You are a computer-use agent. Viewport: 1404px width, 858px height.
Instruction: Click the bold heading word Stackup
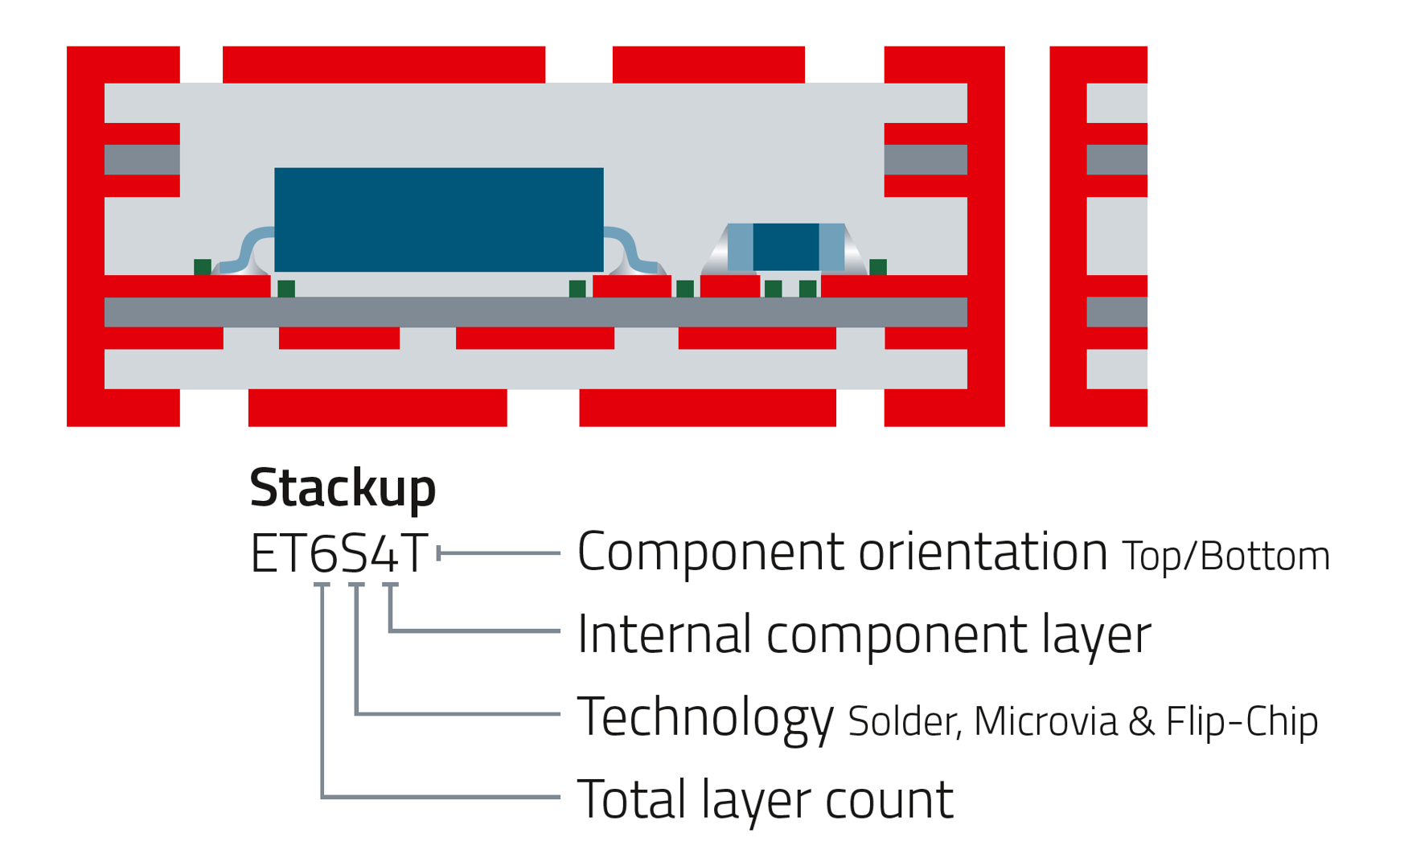point(342,487)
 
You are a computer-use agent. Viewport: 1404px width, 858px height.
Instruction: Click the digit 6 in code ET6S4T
point(323,554)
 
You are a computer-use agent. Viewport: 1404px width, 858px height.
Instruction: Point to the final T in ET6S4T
point(414,554)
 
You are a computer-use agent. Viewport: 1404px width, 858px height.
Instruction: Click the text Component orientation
point(842,552)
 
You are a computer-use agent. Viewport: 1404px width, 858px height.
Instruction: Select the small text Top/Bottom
point(1225,556)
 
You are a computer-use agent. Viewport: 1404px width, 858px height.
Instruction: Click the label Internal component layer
point(864,634)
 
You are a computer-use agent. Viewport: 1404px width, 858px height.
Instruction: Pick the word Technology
point(705,717)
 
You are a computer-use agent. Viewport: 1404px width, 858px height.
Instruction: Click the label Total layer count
point(765,799)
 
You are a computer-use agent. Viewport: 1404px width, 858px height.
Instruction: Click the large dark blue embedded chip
point(438,220)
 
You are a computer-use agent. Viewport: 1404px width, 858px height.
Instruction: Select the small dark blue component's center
point(786,247)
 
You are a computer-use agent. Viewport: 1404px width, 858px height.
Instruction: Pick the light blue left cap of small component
point(740,247)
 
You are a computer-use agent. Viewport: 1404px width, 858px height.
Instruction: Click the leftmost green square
point(203,266)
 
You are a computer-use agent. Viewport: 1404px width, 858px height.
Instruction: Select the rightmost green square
point(878,266)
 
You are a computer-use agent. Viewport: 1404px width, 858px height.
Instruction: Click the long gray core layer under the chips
point(535,312)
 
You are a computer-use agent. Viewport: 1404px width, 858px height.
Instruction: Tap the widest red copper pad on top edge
point(384,64)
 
